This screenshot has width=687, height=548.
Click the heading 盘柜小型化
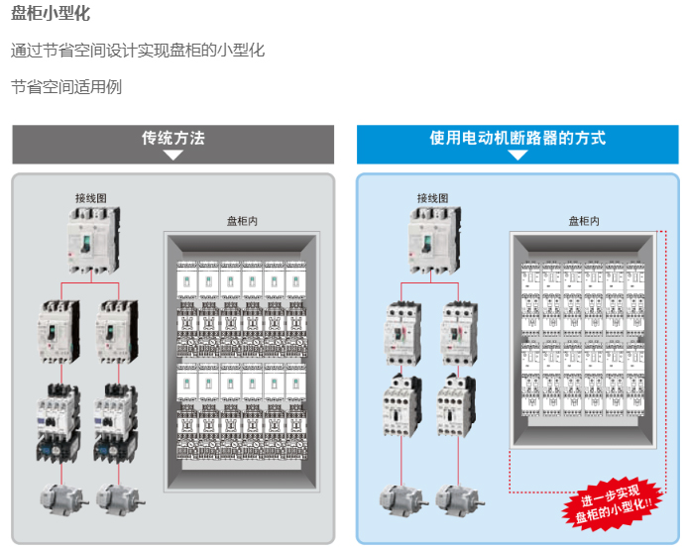click(x=51, y=13)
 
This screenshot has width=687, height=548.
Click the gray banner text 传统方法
click(x=173, y=138)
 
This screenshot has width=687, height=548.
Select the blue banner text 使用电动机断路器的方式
click(x=517, y=138)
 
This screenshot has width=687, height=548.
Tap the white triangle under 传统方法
click(x=173, y=155)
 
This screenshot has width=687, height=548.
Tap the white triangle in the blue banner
click(x=517, y=155)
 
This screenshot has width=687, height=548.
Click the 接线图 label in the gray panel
click(x=90, y=198)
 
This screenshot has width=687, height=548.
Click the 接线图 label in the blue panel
click(x=432, y=198)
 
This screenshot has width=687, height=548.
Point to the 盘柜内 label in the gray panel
click(x=242, y=221)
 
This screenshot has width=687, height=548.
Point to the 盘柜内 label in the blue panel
click(x=584, y=221)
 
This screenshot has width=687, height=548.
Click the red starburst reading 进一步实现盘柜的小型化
click(x=612, y=504)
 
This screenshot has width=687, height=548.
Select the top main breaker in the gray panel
click(x=93, y=240)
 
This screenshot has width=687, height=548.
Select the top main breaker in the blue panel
click(x=434, y=240)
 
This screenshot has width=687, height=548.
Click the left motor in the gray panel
click(x=63, y=499)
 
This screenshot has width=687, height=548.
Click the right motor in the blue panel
click(x=460, y=499)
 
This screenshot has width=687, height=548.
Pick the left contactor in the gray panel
click(x=58, y=423)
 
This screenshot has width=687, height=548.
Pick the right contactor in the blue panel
click(x=457, y=405)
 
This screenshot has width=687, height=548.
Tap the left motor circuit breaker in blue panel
click(x=402, y=333)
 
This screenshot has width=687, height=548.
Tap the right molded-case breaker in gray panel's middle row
click(x=117, y=332)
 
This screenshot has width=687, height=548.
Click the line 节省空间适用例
click(x=66, y=87)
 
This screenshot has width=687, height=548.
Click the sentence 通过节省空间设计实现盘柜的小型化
click(x=138, y=51)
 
